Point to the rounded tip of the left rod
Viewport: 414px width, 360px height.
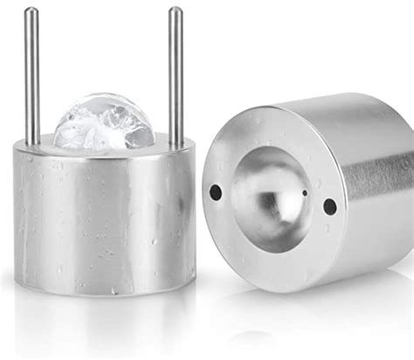(x=31, y=12)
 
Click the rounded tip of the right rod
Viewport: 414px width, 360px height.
(x=176, y=12)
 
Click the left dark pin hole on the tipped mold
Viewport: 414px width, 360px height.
(x=215, y=190)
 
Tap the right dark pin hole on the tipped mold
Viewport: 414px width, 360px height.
(x=330, y=206)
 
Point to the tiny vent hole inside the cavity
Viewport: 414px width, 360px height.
(x=303, y=190)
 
